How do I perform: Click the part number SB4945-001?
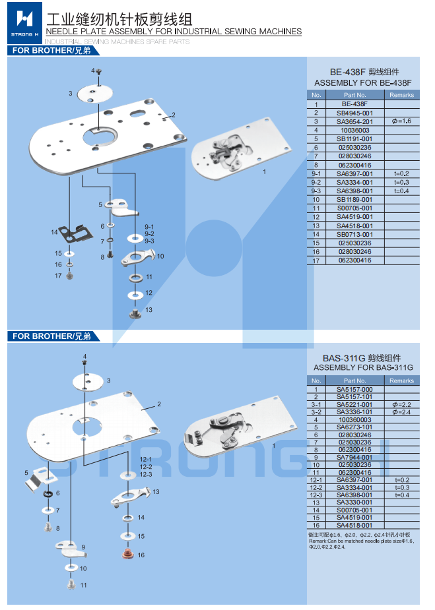354,113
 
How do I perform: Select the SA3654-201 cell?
354,121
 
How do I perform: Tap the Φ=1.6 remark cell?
401,121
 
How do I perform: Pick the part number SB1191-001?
354,139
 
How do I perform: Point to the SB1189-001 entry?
354,200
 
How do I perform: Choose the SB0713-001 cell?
354,234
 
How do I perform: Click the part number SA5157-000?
354,389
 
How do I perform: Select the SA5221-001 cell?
354,404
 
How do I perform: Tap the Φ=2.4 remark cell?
401,412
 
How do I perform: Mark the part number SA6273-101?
354,427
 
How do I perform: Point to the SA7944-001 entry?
354,457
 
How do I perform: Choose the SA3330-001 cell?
354,503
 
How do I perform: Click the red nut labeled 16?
125,552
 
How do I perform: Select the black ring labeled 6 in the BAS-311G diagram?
48,494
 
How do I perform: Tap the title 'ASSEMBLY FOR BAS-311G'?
363,367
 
